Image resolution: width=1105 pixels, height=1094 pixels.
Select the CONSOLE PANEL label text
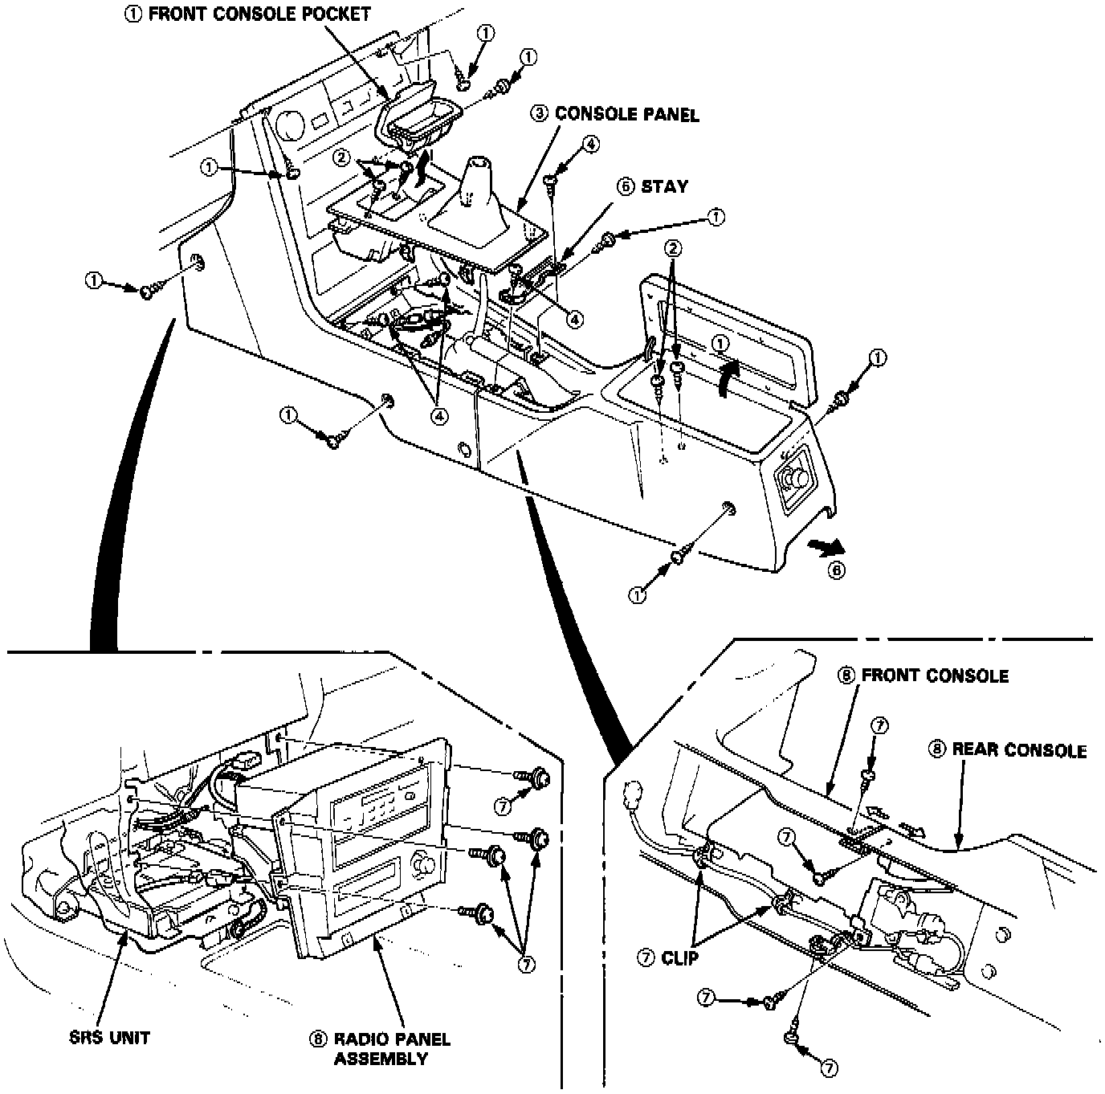627,114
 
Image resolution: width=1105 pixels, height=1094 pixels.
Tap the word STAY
664,186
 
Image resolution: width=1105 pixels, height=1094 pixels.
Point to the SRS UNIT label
110,1037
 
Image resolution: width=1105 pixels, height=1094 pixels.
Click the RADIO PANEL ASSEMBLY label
393,1048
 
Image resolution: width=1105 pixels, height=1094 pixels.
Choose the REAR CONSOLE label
1019,750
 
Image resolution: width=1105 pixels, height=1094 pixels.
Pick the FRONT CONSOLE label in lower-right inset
935,676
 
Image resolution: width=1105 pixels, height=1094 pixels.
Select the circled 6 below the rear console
836,571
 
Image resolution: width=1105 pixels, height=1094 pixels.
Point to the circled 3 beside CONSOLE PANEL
540,114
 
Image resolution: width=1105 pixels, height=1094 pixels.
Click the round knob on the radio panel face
423,866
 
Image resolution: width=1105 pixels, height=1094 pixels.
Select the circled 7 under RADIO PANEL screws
527,965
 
